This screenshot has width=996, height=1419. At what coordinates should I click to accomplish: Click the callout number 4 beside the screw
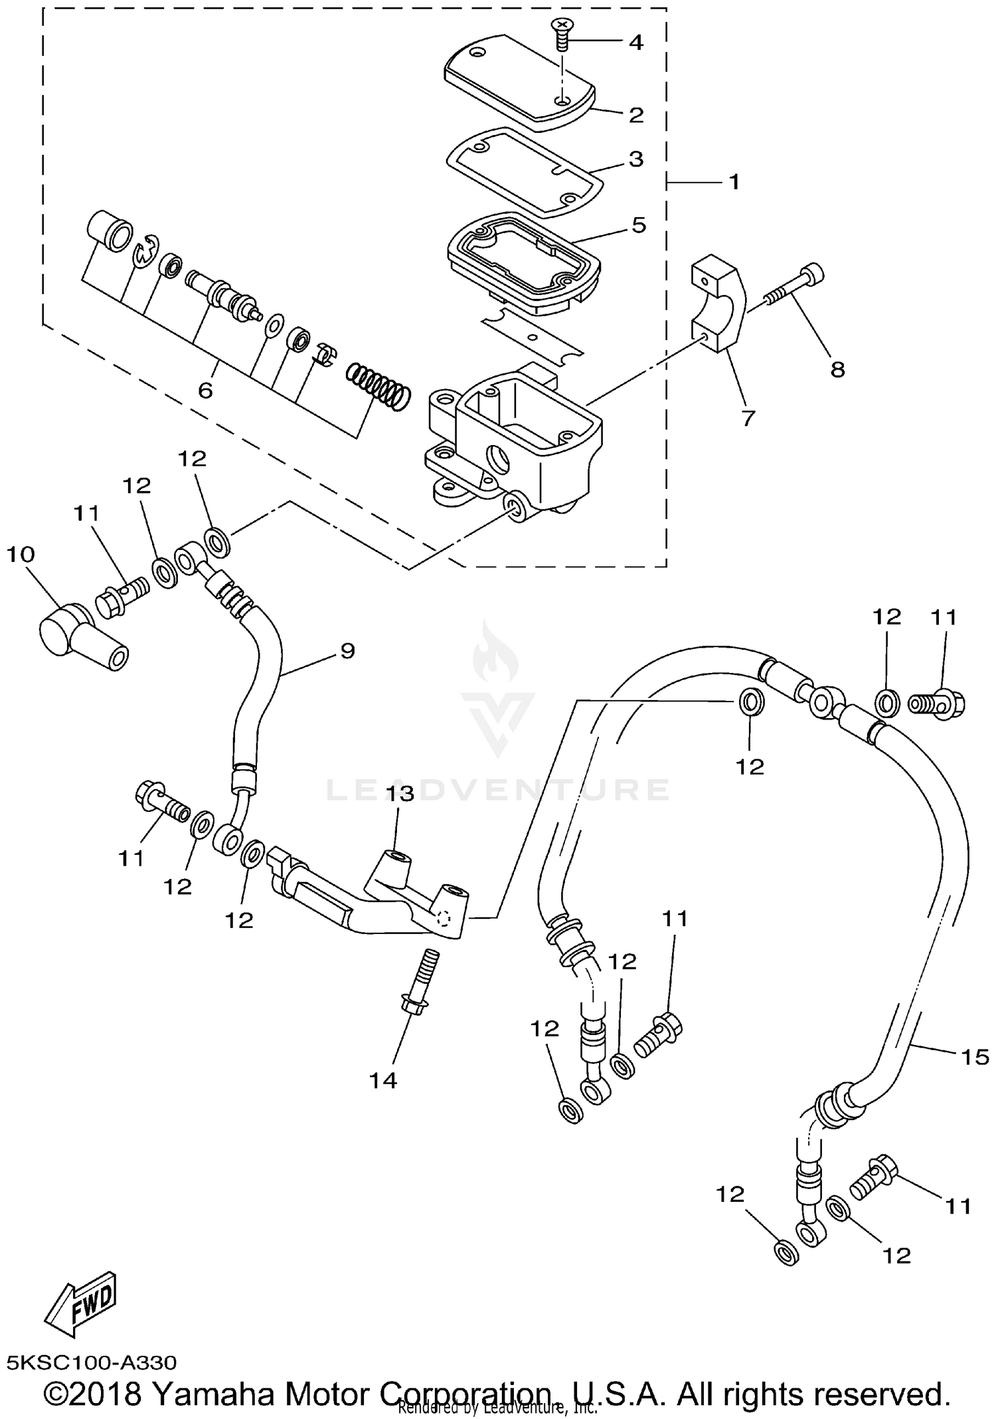[635, 43]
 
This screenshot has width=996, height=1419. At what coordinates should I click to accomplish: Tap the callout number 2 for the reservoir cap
[635, 115]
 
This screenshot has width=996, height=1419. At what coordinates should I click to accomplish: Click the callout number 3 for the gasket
[635, 159]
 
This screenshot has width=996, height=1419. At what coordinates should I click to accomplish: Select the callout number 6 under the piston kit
[205, 390]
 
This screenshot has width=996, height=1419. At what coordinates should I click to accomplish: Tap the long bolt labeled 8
[794, 293]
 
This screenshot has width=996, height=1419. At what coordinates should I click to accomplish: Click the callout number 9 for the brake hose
[347, 650]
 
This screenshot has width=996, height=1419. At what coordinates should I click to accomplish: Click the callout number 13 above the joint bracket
[401, 793]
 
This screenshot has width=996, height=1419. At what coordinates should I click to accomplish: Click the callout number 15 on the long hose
[975, 1056]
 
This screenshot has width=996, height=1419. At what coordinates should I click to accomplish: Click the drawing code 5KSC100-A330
[92, 1363]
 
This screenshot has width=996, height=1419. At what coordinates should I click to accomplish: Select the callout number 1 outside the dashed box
[734, 181]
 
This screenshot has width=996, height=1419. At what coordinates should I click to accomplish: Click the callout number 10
[20, 554]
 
